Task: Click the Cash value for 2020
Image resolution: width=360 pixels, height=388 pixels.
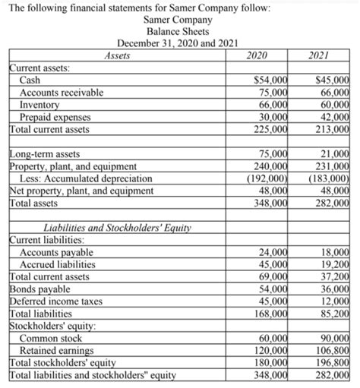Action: tap(269, 81)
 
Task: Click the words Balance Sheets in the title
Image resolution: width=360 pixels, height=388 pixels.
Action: tap(156, 30)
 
